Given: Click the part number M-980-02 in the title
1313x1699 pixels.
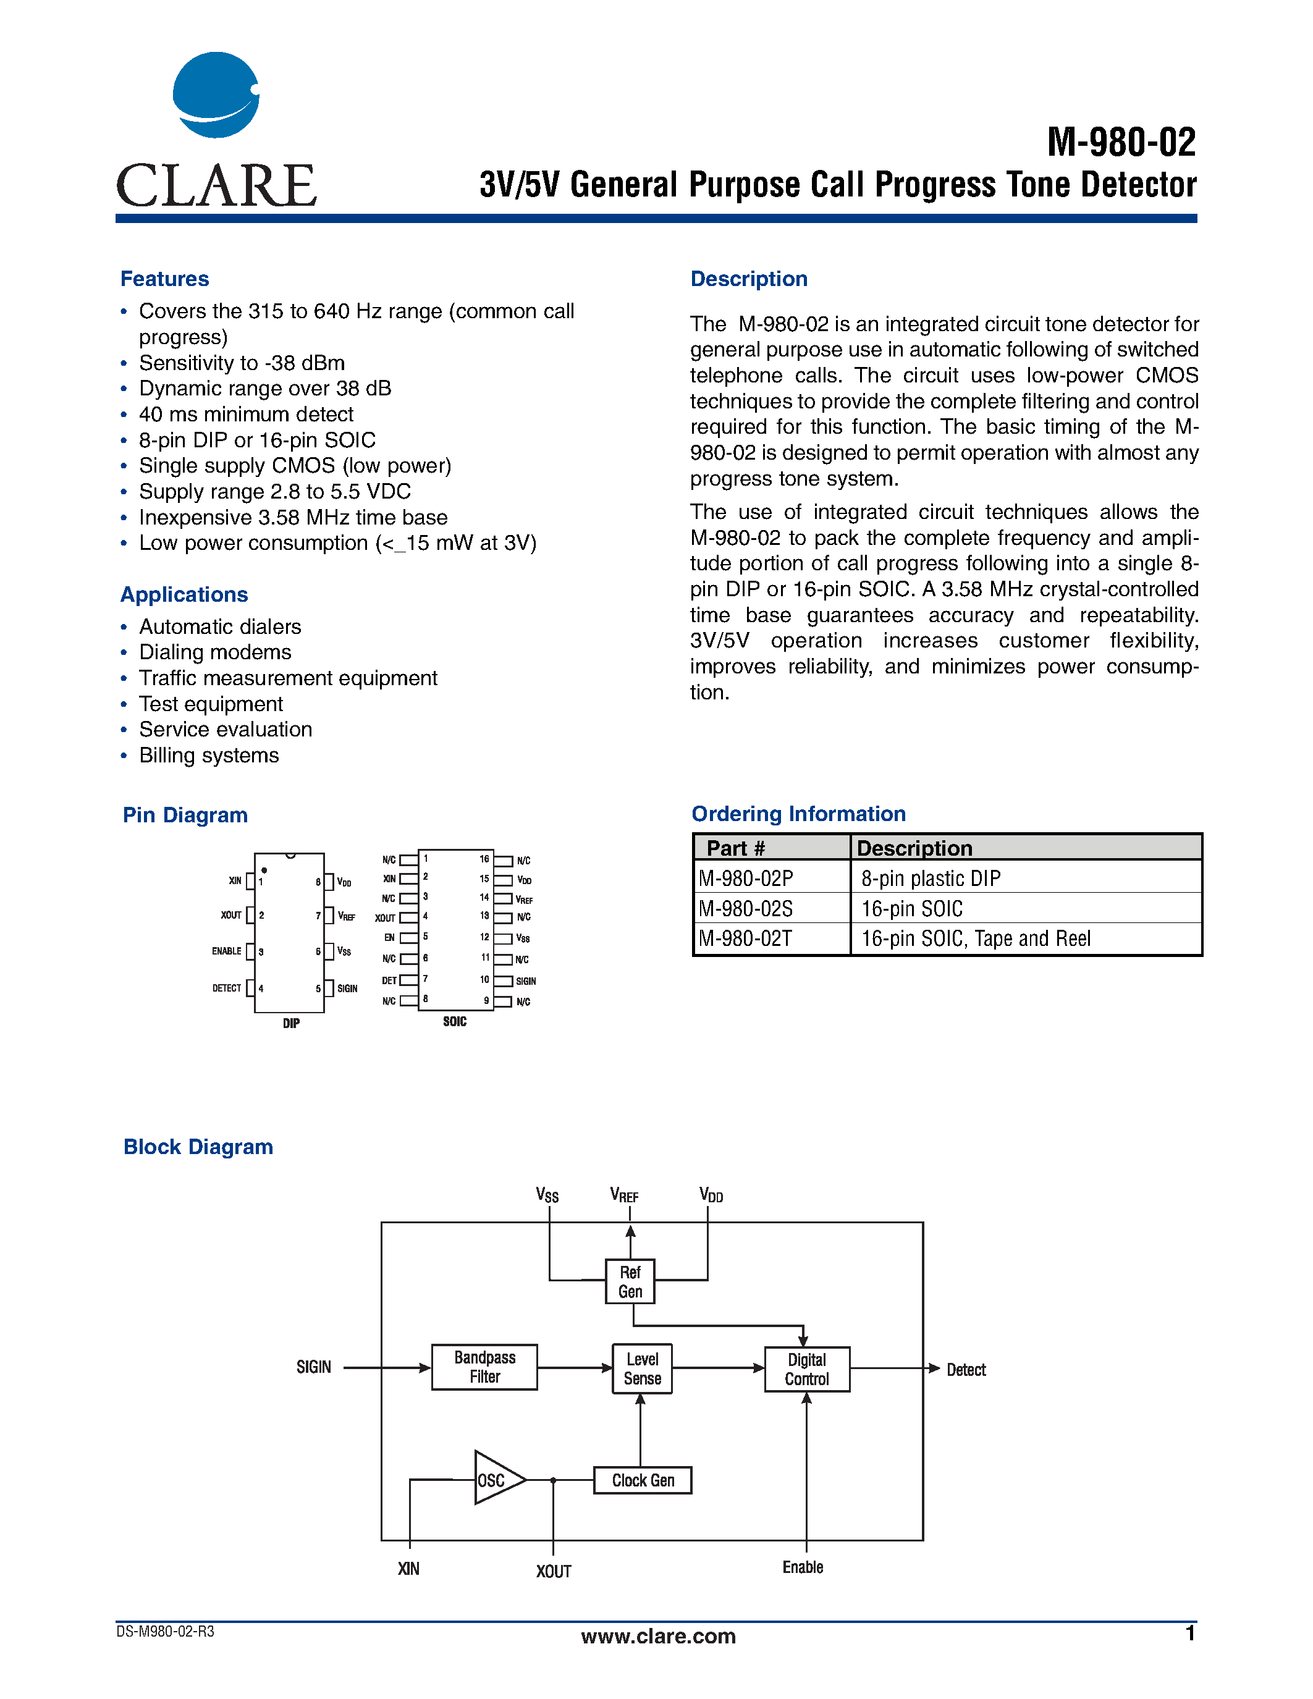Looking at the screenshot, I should coord(1121,142).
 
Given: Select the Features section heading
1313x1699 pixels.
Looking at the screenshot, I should coord(164,279).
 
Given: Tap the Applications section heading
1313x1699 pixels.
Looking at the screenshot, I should coord(184,594).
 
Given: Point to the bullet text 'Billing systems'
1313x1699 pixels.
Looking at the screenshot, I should coord(208,756).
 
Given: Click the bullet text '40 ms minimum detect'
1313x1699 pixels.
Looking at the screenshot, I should coord(246,414).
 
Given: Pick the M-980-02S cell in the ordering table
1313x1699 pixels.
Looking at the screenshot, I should coord(745,909).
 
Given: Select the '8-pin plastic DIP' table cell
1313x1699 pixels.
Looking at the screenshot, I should coord(931,879).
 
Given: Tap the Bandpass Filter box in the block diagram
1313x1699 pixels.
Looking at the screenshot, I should coord(484,1367).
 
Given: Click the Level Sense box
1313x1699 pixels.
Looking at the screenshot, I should coord(642,1368).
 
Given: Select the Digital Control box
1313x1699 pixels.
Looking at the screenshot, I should coord(806,1369).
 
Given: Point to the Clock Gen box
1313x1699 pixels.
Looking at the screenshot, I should coord(643,1480).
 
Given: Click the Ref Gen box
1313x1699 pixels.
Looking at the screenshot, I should coord(630,1281).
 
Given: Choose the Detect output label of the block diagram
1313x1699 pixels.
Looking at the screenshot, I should coord(966,1370).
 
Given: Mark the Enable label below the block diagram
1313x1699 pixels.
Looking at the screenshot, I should coord(803,1567).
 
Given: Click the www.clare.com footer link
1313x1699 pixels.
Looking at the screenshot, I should coord(658,1636).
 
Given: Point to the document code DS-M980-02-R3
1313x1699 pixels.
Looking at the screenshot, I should coord(165,1631).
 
